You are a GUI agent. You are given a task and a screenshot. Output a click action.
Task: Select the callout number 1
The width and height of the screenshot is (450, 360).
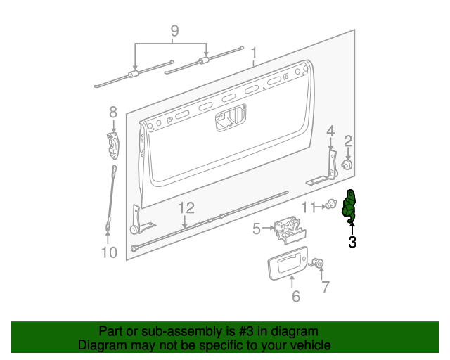[x=254, y=53]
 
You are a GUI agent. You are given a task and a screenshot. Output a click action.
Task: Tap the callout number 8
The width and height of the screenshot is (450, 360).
[x=112, y=112]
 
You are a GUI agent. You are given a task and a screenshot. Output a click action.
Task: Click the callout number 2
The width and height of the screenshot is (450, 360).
[x=348, y=142]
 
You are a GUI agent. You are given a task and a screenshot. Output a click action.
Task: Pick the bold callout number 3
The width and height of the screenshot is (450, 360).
[x=352, y=243]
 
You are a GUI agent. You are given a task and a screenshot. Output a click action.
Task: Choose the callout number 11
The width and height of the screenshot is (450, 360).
[x=309, y=207]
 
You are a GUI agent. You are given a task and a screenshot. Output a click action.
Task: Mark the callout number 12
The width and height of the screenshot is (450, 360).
[x=185, y=207]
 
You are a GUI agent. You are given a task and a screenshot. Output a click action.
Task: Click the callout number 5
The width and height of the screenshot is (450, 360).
[x=257, y=228]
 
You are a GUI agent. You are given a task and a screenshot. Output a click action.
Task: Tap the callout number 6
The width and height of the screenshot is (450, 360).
[x=296, y=297]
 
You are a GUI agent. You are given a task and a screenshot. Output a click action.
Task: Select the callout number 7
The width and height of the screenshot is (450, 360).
[x=325, y=286]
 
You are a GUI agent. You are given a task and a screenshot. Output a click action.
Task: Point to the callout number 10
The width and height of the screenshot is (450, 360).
[x=108, y=252]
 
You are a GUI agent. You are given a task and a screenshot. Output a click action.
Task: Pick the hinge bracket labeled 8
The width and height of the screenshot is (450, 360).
[x=114, y=146]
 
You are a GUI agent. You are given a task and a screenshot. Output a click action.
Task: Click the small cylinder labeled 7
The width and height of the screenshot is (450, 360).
[x=319, y=264]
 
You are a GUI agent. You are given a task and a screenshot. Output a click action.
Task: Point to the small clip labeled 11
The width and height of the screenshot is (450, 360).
[x=330, y=206]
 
